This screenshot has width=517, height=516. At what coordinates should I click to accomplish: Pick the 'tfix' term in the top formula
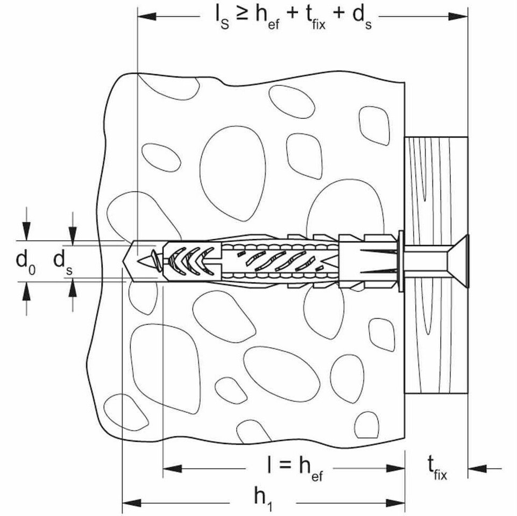[x=316, y=19]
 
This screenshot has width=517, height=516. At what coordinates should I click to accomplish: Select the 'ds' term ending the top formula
[x=362, y=18]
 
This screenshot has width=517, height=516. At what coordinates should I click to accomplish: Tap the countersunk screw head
[x=458, y=261]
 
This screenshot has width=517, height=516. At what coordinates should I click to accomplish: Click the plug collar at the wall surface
[x=401, y=261]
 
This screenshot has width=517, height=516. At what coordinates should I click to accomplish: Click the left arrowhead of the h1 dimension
[x=132, y=503]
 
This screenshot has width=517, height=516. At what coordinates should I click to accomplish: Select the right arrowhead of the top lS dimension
[x=458, y=16]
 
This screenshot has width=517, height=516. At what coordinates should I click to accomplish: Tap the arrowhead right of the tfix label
[x=477, y=468]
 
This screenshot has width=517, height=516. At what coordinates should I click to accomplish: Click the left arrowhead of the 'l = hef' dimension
[x=172, y=468]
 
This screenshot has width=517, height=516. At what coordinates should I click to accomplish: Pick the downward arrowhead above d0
[x=26, y=231]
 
